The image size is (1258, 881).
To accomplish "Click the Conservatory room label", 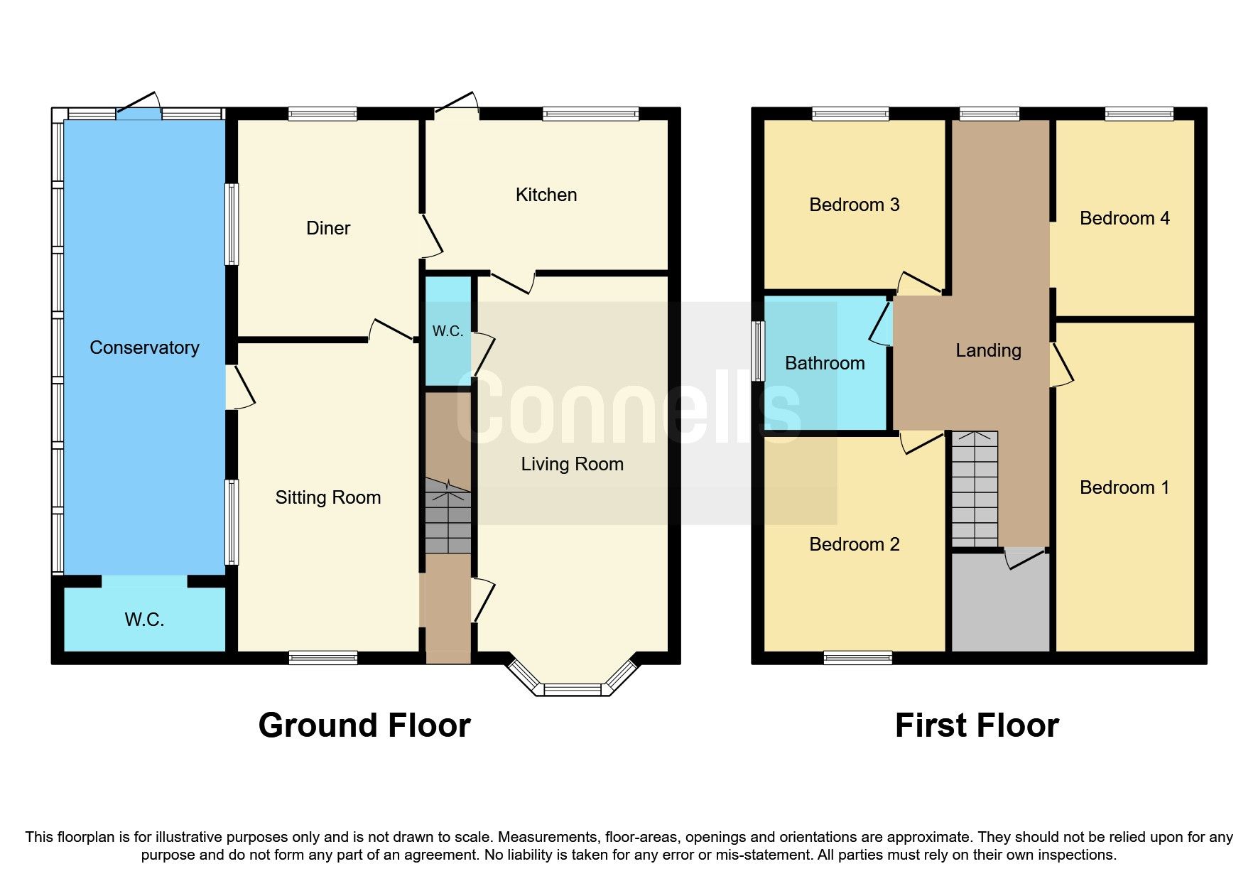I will point(144,347).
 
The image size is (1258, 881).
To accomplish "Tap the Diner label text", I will point(327,228).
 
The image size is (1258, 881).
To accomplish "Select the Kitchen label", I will point(546,195).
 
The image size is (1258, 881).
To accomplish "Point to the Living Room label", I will point(572,464).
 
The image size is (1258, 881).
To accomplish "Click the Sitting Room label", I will point(327,497).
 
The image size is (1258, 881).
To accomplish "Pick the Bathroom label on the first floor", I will point(825,363).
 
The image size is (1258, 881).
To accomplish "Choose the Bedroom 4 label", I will point(1124,218).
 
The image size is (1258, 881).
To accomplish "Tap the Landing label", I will point(988,350).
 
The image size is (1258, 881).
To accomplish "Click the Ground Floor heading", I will point(364,725).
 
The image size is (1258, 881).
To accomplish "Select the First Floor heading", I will point(977,725).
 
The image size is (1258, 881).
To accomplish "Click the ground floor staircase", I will point(448,517).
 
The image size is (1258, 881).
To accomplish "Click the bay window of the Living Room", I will point(572,688).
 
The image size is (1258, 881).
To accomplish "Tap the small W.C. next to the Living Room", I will point(448,331).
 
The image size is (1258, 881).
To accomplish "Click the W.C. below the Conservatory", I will point(144,620).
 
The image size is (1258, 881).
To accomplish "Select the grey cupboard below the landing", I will point(1000,604).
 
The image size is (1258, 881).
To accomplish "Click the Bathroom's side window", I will point(759,351).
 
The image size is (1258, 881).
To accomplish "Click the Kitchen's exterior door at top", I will point(455,107).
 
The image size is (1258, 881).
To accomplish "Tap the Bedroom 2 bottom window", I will point(857,658).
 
